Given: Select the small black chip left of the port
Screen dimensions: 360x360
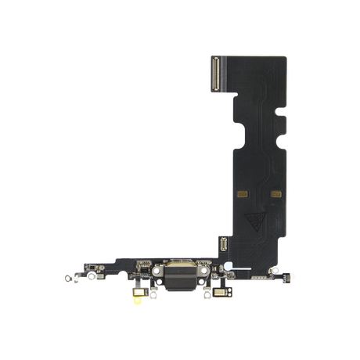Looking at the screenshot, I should (142, 257).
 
